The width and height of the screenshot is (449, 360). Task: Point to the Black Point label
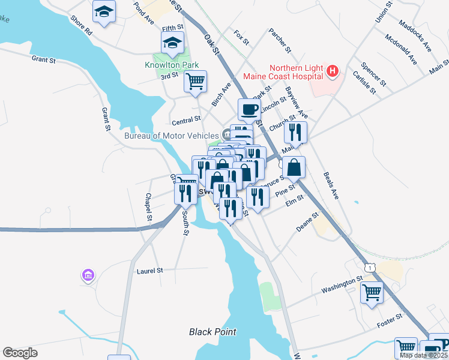212,332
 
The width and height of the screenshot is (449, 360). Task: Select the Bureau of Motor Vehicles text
172,135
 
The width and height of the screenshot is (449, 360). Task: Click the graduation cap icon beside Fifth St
172,43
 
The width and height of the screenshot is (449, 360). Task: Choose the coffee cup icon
249,109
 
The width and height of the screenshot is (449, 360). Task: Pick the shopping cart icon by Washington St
372,293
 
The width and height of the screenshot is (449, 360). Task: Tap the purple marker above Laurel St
88,275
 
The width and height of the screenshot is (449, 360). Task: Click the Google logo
20,353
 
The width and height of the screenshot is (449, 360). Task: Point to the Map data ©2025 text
424,355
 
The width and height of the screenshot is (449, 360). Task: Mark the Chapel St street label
148,206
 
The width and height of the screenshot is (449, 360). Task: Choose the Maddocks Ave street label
415,36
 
